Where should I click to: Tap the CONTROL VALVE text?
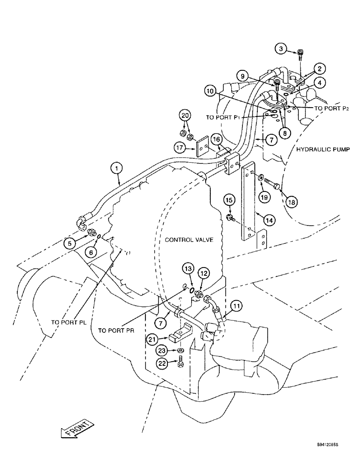189,240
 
